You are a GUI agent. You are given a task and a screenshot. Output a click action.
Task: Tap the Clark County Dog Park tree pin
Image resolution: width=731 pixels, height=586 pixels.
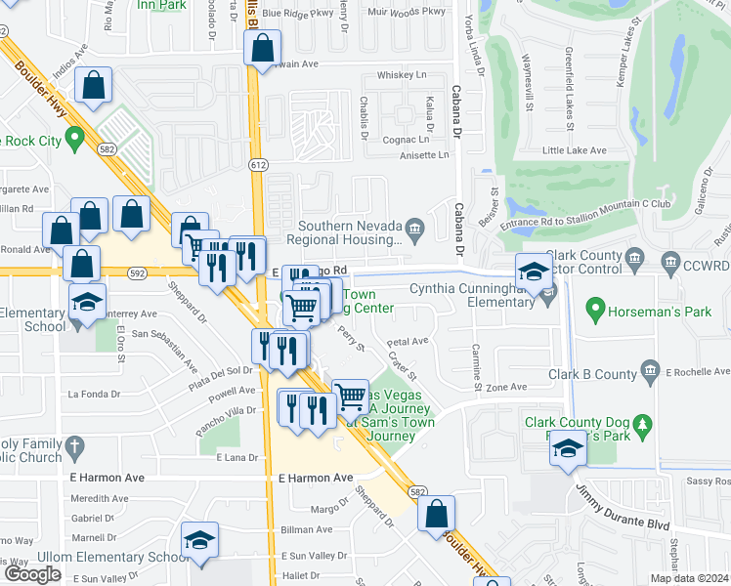(x=643, y=424)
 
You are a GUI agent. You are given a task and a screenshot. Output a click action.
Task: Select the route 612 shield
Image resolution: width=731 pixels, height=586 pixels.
(x=258, y=166)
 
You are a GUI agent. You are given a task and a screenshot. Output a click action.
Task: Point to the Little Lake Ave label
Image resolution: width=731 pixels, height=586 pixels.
(x=574, y=150)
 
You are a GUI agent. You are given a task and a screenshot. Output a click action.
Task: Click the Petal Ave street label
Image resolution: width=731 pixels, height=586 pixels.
(x=408, y=342)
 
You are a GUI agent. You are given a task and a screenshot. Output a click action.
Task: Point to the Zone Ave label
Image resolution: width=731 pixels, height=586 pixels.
(x=507, y=388)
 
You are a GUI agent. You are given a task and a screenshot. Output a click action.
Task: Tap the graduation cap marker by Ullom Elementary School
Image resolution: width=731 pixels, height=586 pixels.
(x=199, y=540)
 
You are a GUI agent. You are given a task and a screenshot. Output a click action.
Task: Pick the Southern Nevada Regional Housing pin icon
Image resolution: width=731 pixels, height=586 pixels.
(x=414, y=230)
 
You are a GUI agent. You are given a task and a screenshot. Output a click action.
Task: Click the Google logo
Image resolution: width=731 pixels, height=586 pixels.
(x=32, y=574)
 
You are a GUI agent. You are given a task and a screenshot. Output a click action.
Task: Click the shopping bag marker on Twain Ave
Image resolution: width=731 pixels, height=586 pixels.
(x=263, y=48)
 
